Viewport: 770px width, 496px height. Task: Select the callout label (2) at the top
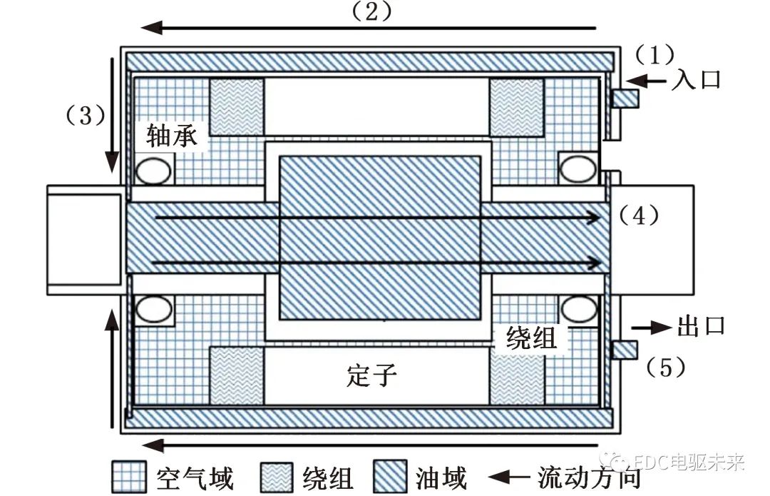369,11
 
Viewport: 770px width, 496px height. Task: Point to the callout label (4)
639,215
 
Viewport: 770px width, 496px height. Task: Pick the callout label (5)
666,368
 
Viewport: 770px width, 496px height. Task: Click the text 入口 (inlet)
696,79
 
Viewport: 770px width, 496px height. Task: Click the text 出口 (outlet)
700,327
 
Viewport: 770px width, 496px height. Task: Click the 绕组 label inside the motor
530,338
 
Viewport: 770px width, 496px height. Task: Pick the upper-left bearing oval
153,171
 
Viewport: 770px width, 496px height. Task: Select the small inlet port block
625,98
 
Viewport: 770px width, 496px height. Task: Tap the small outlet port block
625,350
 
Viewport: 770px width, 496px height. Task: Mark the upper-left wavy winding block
236,106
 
